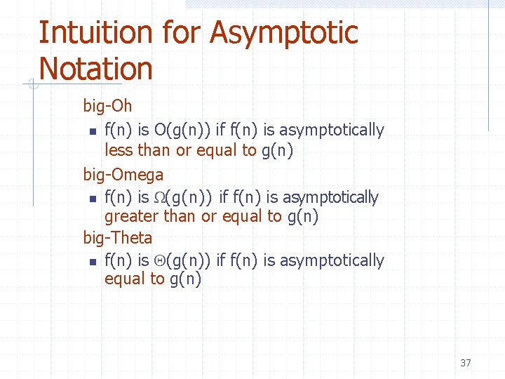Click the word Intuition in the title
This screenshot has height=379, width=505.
click(95, 32)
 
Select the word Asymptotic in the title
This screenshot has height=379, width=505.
click(284, 32)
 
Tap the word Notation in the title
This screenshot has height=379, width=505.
click(95, 69)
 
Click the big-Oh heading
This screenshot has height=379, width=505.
click(107, 106)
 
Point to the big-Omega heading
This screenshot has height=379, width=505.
click(123, 174)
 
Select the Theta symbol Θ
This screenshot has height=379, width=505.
click(160, 261)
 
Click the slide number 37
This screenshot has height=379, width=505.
click(465, 363)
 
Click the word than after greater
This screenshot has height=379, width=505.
click(180, 217)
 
